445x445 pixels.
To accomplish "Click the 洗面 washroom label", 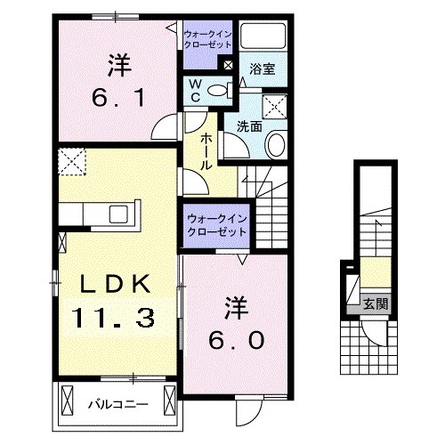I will click(249, 126).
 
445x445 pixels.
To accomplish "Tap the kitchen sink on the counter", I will click(117, 214).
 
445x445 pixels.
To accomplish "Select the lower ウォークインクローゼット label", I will click(215, 224).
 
